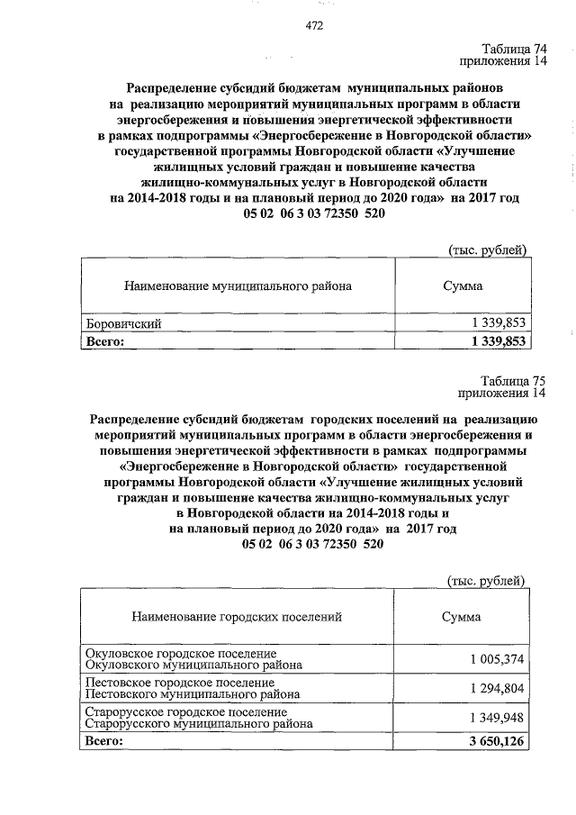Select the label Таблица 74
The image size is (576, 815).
513,50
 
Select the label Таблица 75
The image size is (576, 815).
513,380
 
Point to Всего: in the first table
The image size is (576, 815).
105,341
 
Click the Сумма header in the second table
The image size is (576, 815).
461,617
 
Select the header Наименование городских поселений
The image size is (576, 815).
237,617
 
